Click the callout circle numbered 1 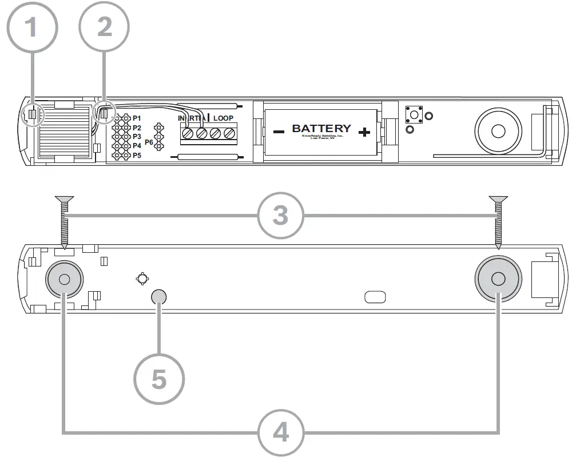click(x=33, y=27)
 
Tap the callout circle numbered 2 click(x=104, y=27)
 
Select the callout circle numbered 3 click(x=280, y=216)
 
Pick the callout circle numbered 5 click(x=159, y=379)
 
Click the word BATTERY click(x=321, y=129)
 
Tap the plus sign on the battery click(x=363, y=133)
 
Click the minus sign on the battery click(x=279, y=132)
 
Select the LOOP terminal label click(x=223, y=118)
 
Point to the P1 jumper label click(x=137, y=118)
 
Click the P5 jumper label click(x=137, y=155)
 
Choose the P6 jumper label click(x=149, y=141)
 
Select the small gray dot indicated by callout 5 click(x=159, y=296)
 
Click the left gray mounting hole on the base click(x=64, y=280)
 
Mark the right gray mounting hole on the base click(x=498, y=279)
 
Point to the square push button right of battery click(x=413, y=114)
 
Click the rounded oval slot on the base click(x=375, y=297)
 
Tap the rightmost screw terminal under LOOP click(x=229, y=133)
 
